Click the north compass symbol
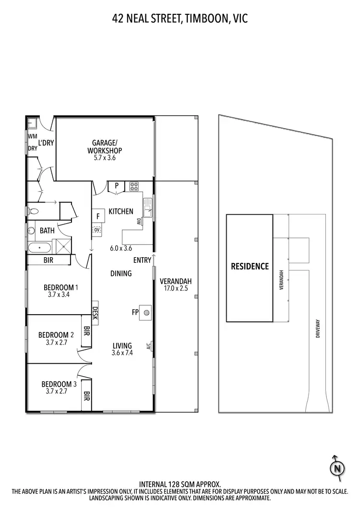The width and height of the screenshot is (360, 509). click(337, 467)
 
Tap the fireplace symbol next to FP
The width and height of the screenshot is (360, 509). click(146, 312)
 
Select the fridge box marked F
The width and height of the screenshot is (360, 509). click(98, 216)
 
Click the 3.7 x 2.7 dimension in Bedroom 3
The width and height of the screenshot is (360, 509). click(57, 391)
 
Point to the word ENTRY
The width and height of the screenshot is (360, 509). click(143, 260)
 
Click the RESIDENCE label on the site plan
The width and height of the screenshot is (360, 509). click(250, 267)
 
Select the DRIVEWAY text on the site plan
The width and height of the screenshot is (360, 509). click(318, 330)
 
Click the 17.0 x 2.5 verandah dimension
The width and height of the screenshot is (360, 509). click(176, 289)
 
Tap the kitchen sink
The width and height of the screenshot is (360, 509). click(147, 209)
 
